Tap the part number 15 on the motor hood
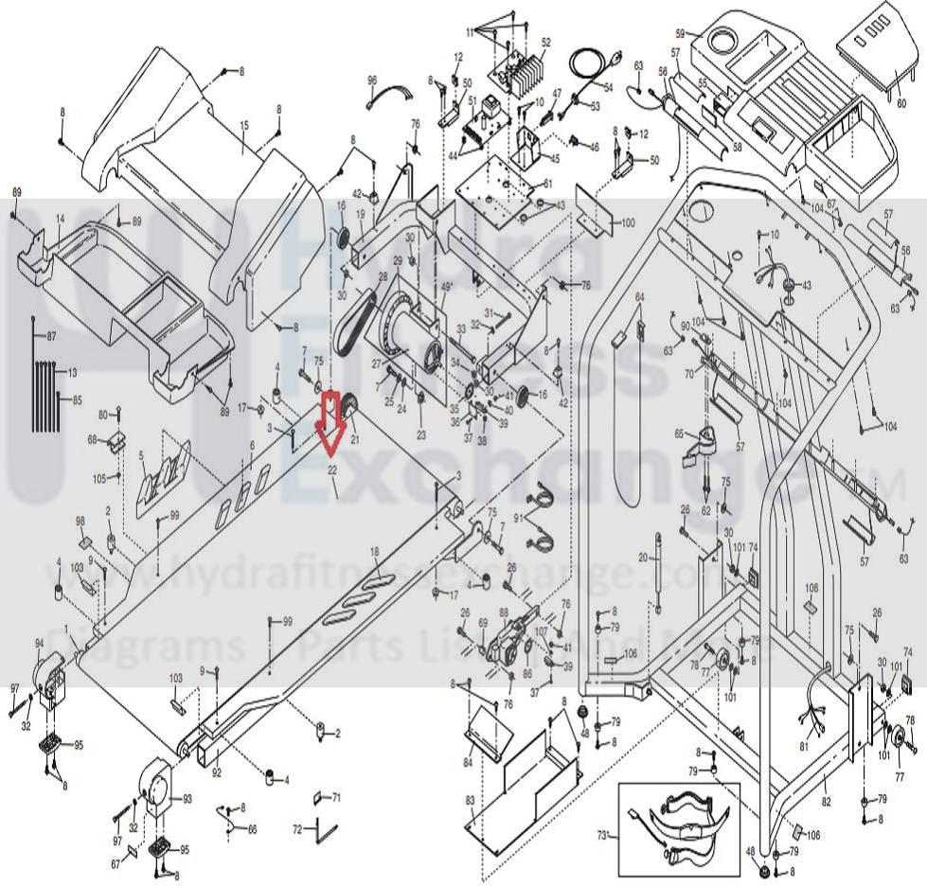point(243,126)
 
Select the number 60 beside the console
point(900,105)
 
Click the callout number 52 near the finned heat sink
point(545,43)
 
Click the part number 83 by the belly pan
point(470,801)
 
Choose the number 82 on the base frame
point(826,776)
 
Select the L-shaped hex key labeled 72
point(326,833)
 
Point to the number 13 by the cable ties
point(72,372)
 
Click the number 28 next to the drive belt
point(383,276)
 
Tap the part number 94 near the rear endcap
point(40,644)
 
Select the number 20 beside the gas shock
point(643,558)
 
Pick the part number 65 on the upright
point(679,434)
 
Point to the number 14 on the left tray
point(60,219)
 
